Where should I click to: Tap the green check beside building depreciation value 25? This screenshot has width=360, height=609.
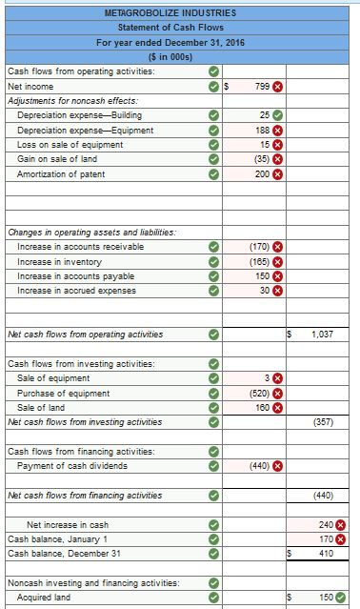pyautogui.click(x=278, y=115)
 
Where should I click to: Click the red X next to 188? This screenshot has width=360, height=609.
pyautogui.click(x=278, y=131)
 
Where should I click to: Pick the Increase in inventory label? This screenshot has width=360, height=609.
pyautogui.click(x=59, y=261)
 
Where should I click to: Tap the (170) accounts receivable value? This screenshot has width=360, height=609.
pyautogui.click(x=258, y=247)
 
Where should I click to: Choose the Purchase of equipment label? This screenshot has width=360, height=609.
pyautogui.click(x=63, y=393)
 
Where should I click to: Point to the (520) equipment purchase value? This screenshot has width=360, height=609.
pyautogui.click(x=258, y=393)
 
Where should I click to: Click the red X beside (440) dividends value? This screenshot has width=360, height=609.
pyautogui.click(x=278, y=466)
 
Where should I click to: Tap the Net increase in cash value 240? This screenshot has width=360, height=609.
pyautogui.click(x=327, y=524)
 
